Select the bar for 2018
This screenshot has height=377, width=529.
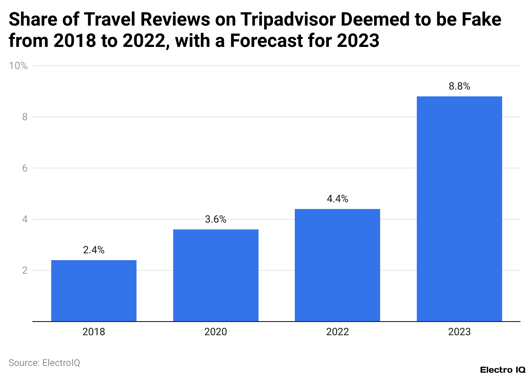(94, 291)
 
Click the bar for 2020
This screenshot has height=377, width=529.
(215, 275)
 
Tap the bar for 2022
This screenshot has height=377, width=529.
(337, 265)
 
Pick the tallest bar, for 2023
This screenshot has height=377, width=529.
(459, 209)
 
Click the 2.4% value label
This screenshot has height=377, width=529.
(94, 250)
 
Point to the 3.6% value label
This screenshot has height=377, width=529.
(215, 220)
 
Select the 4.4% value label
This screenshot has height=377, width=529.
(337, 199)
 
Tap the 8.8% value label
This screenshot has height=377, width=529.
(459, 86)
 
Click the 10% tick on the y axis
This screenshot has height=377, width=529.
(18, 66)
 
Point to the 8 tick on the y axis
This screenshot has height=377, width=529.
(24, 117)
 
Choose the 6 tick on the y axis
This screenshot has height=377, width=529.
(24, 168)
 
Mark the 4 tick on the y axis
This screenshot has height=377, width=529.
(24, 219)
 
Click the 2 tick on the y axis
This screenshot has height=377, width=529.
(24, 270)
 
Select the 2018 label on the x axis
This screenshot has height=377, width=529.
(94, 332)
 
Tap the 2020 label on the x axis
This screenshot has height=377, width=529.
(215, 332)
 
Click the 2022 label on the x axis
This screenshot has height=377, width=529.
(337, 332)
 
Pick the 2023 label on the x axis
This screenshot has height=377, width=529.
(459, 332)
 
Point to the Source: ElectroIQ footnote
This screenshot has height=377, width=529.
(44, 363)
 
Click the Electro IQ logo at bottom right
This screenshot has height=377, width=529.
(502, 369)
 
